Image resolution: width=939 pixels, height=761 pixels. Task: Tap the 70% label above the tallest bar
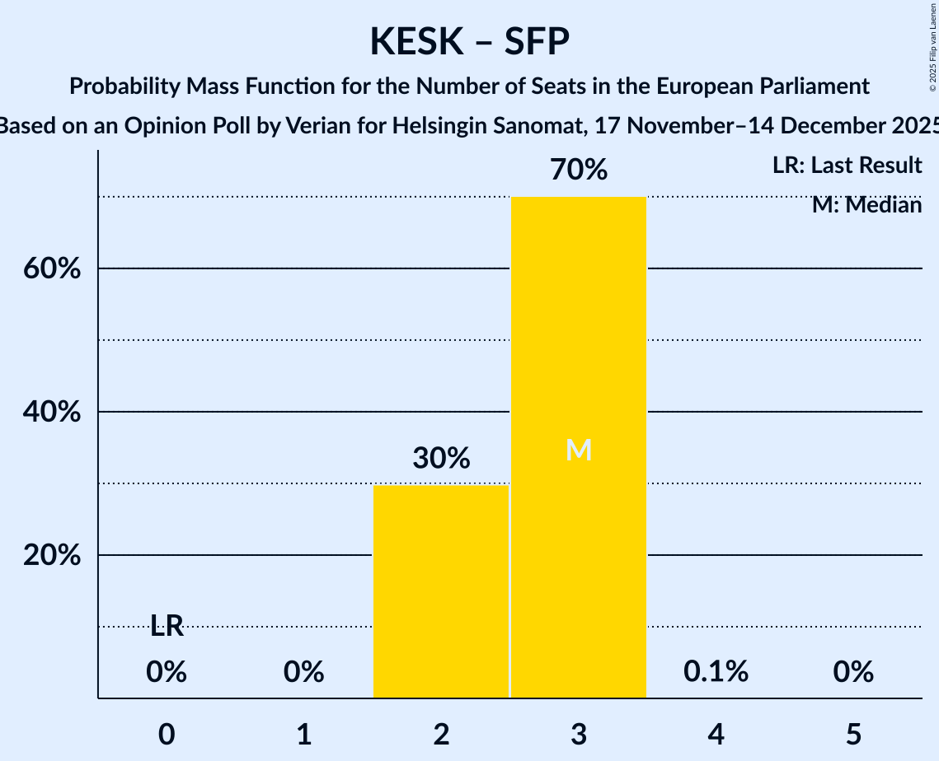pyautogui.click(x=579, y=170)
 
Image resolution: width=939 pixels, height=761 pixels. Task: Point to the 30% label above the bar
pyautogui.click(x=441, y=458)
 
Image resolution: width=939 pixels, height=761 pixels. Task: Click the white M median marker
pyautogui.click(x=579, y=451)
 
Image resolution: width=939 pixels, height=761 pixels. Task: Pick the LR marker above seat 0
pyautogui.click(x=167, y=626)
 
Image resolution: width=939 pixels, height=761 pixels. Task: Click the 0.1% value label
pyautogui.click(x=716, y=672)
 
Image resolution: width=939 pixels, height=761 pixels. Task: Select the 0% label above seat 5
pyautogui.click(x=852, y=672)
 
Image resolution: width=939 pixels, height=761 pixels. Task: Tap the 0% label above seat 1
pyautogui.click(x=303, y=672)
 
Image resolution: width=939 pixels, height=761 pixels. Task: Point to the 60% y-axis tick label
pyautogui.click(x=51, y=269)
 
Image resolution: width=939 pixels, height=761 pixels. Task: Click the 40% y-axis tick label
pyautogui.click(x=51, y=412)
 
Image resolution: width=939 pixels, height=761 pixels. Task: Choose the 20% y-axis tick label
pyautogui.click(x=51, y=556)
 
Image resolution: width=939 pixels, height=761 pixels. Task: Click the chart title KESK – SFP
pyautogui.click(x=469, y=41)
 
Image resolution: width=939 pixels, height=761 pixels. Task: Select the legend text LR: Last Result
pyautogui.click(x=847, y=166)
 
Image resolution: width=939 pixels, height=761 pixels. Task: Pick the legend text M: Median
pyautogui.click(x=866, y=205)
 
